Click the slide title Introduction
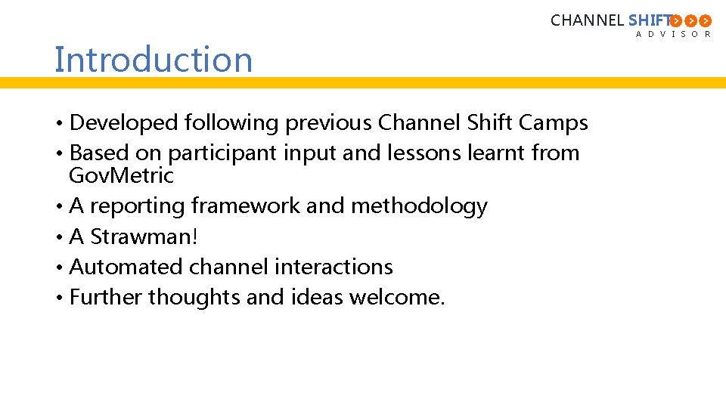click(154, 60)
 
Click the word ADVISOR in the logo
click(673, 34)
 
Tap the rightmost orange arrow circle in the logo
click(705, 20)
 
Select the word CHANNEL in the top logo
click(587, 20)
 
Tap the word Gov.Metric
click(121, 176)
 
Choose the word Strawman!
click(144, 236)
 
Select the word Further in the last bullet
click(106, 297)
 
